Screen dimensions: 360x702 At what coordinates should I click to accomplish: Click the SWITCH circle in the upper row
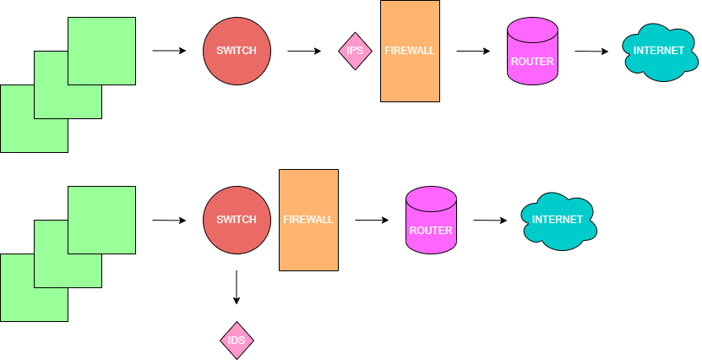coord(237,51)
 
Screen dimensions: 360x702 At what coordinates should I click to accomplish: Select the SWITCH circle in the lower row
coord(237,220)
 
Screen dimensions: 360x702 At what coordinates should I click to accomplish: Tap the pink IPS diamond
coord(355,51)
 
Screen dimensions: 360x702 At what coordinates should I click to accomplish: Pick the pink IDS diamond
coord(237,341)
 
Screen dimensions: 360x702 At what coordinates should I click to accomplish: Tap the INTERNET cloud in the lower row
coord(558,221)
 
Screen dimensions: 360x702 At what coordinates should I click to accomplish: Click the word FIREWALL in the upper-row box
coord(410,51)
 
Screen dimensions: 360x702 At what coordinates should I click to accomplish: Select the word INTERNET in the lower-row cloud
coord(558,220)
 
